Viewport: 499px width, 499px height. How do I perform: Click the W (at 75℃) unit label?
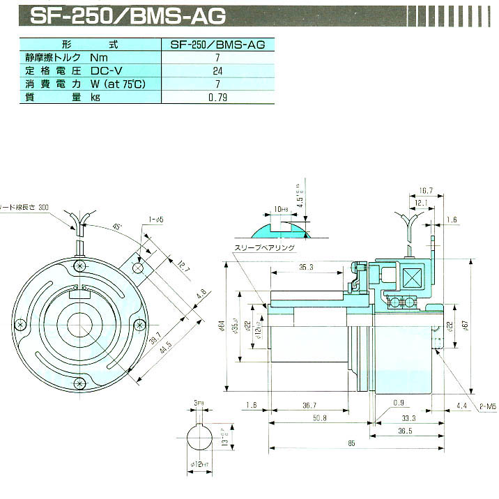(119, 84)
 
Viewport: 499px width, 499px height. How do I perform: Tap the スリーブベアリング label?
(266, 247)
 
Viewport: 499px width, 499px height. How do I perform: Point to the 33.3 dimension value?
(409, 417)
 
